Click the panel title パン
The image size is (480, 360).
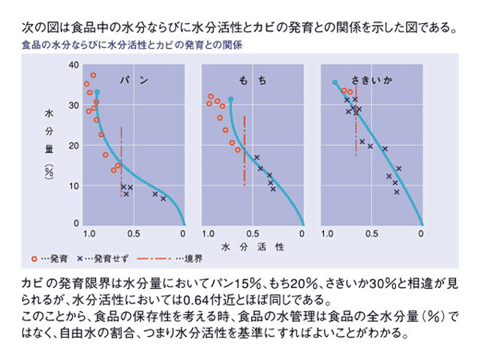[134, 80]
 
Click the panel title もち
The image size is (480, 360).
[253, 80]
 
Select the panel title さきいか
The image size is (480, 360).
[370, 80]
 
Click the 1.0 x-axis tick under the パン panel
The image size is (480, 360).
[90, 233]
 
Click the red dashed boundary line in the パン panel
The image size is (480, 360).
[122, 162]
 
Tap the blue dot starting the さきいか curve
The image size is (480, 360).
[335, 82]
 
